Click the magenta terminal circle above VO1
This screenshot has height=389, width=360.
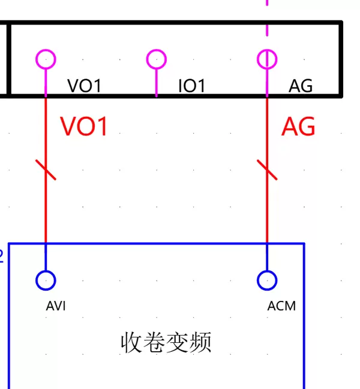(46, 59)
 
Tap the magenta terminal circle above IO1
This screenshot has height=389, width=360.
(157, 59)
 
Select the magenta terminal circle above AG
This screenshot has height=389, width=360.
(267, 59)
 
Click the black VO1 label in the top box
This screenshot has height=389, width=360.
(84, 86)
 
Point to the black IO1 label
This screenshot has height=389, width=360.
(192, 86)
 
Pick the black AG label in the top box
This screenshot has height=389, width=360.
(301, 86)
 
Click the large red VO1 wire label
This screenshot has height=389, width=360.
(84, 127)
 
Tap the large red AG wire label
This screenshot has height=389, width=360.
(298, 127)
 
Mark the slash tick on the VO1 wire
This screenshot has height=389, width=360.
(46, 170)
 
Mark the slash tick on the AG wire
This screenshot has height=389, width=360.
(267, 170)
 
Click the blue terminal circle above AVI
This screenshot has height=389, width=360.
(46, 280)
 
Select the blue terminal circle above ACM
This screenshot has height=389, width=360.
(267, 280)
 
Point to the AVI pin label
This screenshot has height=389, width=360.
(56, 306)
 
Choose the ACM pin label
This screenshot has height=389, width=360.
(281, 306)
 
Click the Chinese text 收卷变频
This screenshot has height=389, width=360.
(166, 343)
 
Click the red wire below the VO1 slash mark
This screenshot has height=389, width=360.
(46, 210)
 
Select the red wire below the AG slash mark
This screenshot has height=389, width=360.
(267, 210)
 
